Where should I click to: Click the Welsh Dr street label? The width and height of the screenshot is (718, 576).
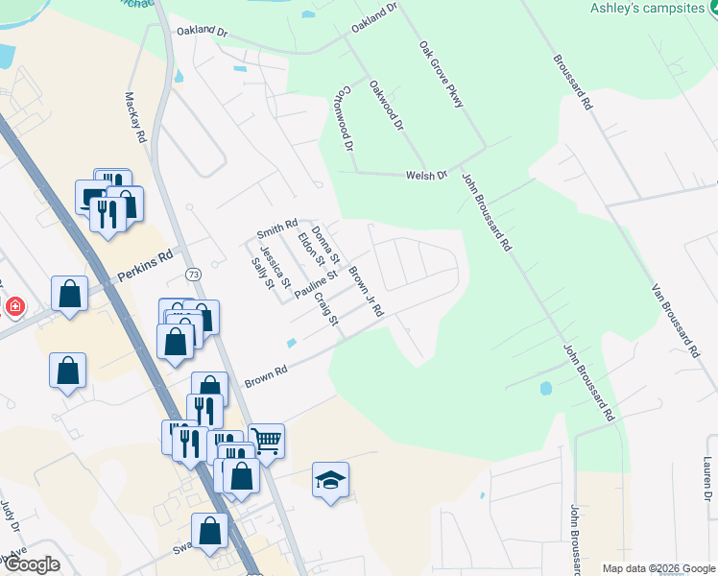[x=427, y=175]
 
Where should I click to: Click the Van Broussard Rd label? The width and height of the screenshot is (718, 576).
[x=676, y=321]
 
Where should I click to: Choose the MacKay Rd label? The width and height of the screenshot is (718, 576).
[x=134, y=117]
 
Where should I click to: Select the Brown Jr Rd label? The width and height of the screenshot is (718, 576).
[x=366, y=292]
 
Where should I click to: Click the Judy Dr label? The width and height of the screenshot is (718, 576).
[x=10, y=516]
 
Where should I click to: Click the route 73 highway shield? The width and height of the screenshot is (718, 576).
[x=193, y=276]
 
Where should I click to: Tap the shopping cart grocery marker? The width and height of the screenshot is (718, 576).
[x=266, y=441]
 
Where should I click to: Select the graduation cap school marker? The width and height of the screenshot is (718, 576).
[x=330, y=479]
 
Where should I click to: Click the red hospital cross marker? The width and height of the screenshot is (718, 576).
[x=13, y=307]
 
